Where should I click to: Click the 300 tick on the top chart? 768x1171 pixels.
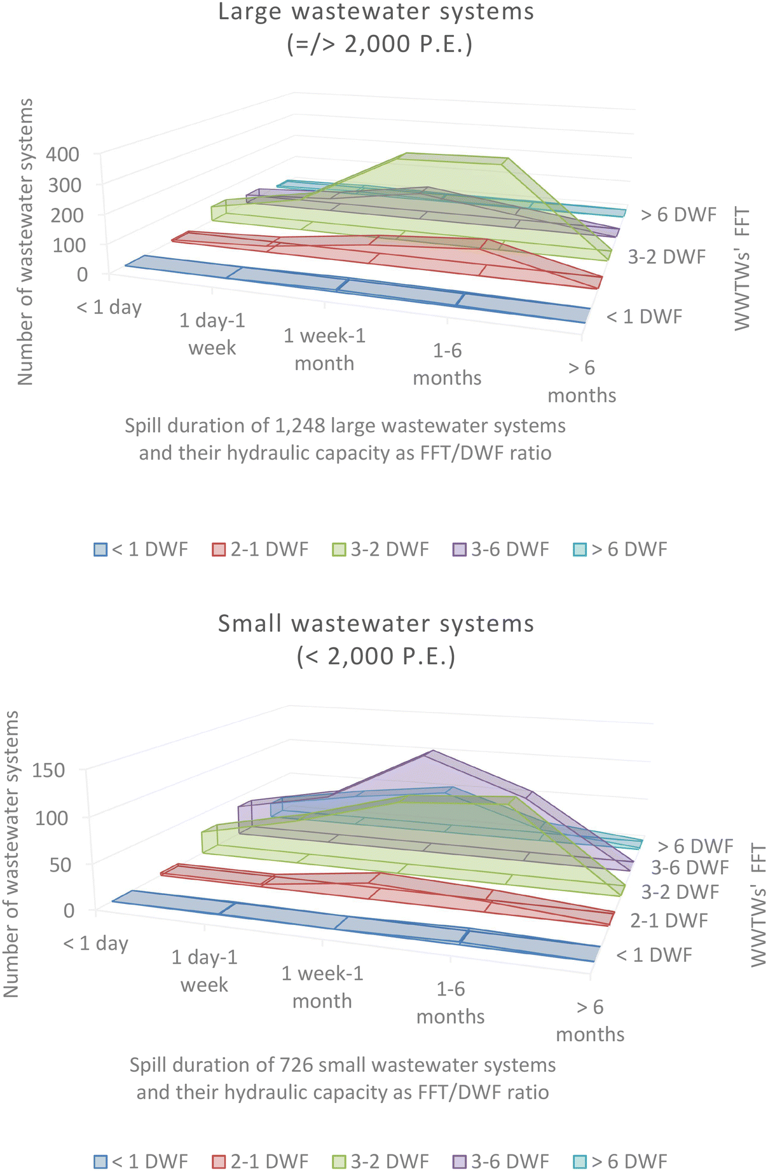pos(66,185)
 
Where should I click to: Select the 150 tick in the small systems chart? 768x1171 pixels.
pos(49,770)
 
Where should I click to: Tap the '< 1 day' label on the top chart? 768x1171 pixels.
pos(109,308)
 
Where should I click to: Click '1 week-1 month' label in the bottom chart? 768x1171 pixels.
pos(322,987)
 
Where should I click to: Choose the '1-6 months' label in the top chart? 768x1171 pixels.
pos(447,364)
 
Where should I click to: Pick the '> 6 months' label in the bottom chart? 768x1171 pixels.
pos(590,1020)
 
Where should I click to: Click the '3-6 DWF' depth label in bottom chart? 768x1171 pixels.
pos(689,868)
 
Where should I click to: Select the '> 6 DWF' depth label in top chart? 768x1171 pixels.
pos(678,215)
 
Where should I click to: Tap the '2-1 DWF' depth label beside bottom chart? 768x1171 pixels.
pos(669,921)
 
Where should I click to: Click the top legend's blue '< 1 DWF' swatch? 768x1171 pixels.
pos(100,549)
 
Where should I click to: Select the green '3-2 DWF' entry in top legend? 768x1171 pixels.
pos(381,549)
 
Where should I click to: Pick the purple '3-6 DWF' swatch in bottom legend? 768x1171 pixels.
pos(459,1161)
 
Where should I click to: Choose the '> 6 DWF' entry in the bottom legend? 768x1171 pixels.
pos(621,1161)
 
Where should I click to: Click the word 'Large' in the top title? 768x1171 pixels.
pos(246,12)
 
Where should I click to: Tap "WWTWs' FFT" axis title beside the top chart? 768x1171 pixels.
pos(742,269)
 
